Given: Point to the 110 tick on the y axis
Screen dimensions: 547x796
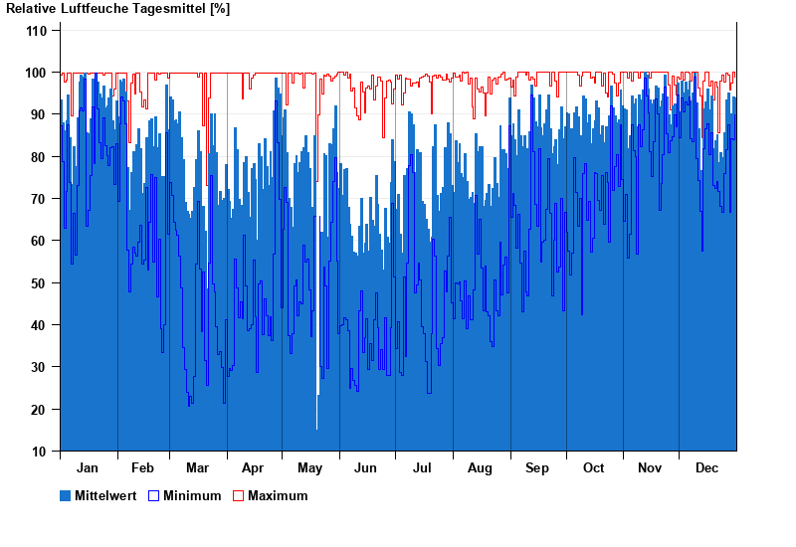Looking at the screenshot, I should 37,31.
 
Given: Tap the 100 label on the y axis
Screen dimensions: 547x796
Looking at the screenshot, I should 37,73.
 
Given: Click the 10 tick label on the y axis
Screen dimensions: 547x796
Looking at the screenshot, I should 40,452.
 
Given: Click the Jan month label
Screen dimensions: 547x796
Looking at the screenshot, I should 88,468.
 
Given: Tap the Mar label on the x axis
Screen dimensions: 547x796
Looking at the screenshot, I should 197,468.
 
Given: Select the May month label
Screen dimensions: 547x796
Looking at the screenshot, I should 309,468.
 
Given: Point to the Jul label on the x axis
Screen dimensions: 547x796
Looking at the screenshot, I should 422,468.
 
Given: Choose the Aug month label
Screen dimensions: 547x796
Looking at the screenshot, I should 480,468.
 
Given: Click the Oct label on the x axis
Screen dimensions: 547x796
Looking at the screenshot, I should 593,468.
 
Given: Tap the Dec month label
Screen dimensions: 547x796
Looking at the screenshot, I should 706,468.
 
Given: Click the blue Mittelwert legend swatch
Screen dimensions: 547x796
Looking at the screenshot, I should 66,495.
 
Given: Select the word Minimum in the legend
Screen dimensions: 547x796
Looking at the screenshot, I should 192,495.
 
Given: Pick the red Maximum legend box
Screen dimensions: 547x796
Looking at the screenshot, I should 238,495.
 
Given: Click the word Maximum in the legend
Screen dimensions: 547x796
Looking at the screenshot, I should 278,495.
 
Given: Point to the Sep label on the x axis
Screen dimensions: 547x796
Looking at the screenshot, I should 537,468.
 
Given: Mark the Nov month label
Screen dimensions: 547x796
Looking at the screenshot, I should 650,468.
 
